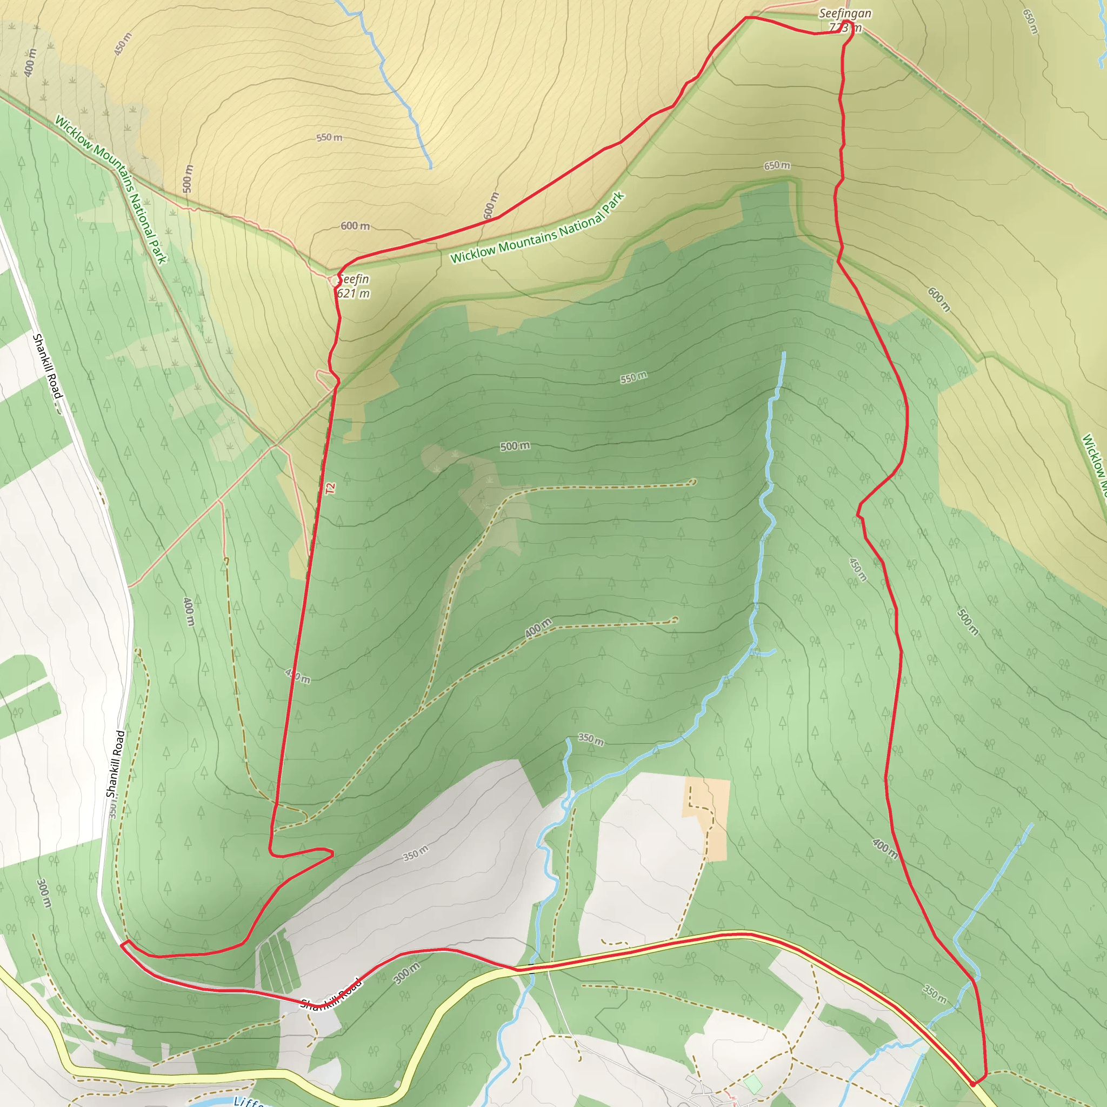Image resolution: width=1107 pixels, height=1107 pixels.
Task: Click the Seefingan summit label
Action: click(x=845, y=14)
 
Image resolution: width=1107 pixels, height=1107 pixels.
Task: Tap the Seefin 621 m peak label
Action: click(x=353, y=286)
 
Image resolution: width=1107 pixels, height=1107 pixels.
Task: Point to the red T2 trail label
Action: click(x=330, y=489)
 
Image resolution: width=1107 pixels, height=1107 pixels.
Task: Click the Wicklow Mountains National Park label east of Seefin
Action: click(x=537, y=228)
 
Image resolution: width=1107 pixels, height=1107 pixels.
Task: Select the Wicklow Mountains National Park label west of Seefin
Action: click(x=110, y=190)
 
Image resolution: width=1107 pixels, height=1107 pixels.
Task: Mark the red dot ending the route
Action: click(x=973, y=1084)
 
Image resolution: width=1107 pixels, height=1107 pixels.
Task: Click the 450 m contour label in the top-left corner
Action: click(x=123, y=44)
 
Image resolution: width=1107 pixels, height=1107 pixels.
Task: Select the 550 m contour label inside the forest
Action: click(x=633, y=378)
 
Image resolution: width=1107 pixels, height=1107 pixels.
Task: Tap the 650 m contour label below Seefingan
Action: click(x=776, y=165)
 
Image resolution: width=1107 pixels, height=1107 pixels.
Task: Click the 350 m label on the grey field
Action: click(x=416, y=853)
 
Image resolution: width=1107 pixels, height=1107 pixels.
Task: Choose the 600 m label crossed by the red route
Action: click(x=491, y=205)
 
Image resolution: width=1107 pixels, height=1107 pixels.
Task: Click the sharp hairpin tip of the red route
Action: click(x=332, y=853)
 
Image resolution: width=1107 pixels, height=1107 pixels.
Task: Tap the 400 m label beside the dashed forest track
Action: click(x=537, y=628)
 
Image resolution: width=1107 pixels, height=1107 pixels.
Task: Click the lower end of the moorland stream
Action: click(x=431, y=168)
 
